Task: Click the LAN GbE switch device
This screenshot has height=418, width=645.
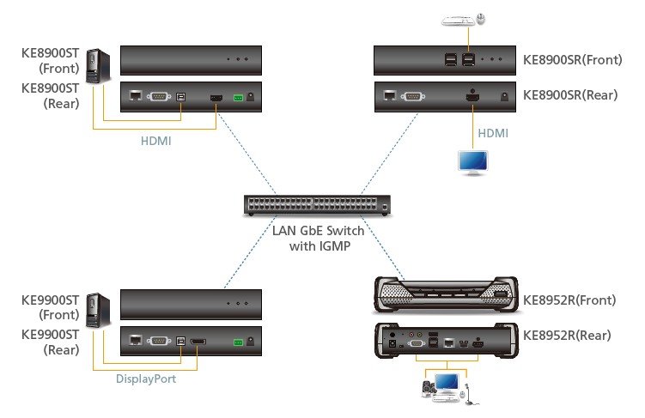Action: [318, 205]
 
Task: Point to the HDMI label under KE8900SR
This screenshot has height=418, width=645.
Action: [492, 134]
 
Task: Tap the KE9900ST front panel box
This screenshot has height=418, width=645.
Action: [190, 305]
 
